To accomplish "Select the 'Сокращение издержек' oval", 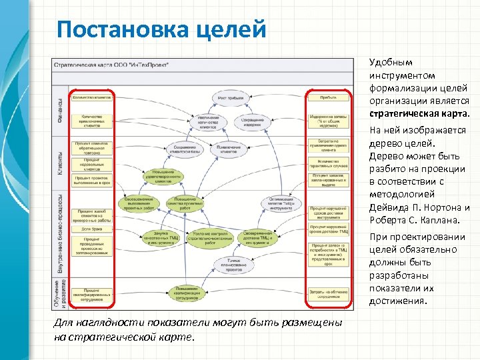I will [x=253, y=121].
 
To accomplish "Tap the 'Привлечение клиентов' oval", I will [x=227, y=150].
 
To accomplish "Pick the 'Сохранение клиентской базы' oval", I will [x=185, y=150].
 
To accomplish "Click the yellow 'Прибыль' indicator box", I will [x=327, y=97].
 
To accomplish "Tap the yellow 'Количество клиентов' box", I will [x=91, y=97].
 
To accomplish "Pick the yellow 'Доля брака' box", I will [x=91, y=228].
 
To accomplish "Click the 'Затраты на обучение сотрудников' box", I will [x=327, y=293].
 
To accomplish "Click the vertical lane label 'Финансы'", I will [x=60, y=111].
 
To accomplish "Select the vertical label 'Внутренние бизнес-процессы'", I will [x=60, y=233].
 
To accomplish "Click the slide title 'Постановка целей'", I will [x=161, y=30].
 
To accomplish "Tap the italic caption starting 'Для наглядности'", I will [x=198, y=329].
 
